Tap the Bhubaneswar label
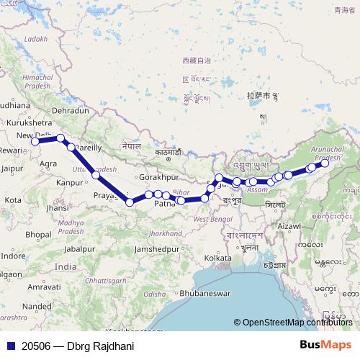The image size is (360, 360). click(x=204, y=294)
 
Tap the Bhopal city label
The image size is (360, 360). click(x=38, y=235)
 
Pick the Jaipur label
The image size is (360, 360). click(x=12, y=168)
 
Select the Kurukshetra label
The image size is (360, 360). click(x=29, y=123)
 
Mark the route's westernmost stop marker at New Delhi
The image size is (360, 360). click(x=35, y=142)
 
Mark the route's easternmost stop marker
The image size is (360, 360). click(x=325, y=163)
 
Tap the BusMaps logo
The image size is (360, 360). click(x=326, y=346)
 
